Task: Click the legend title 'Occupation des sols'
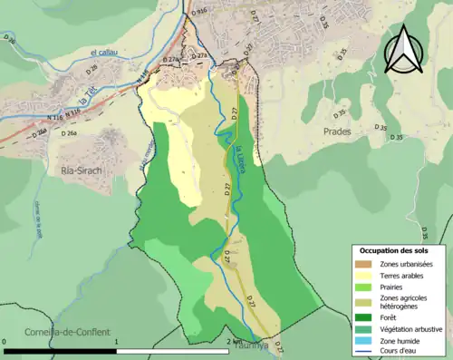coord(396,249)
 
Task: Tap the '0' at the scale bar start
coord(5,343)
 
